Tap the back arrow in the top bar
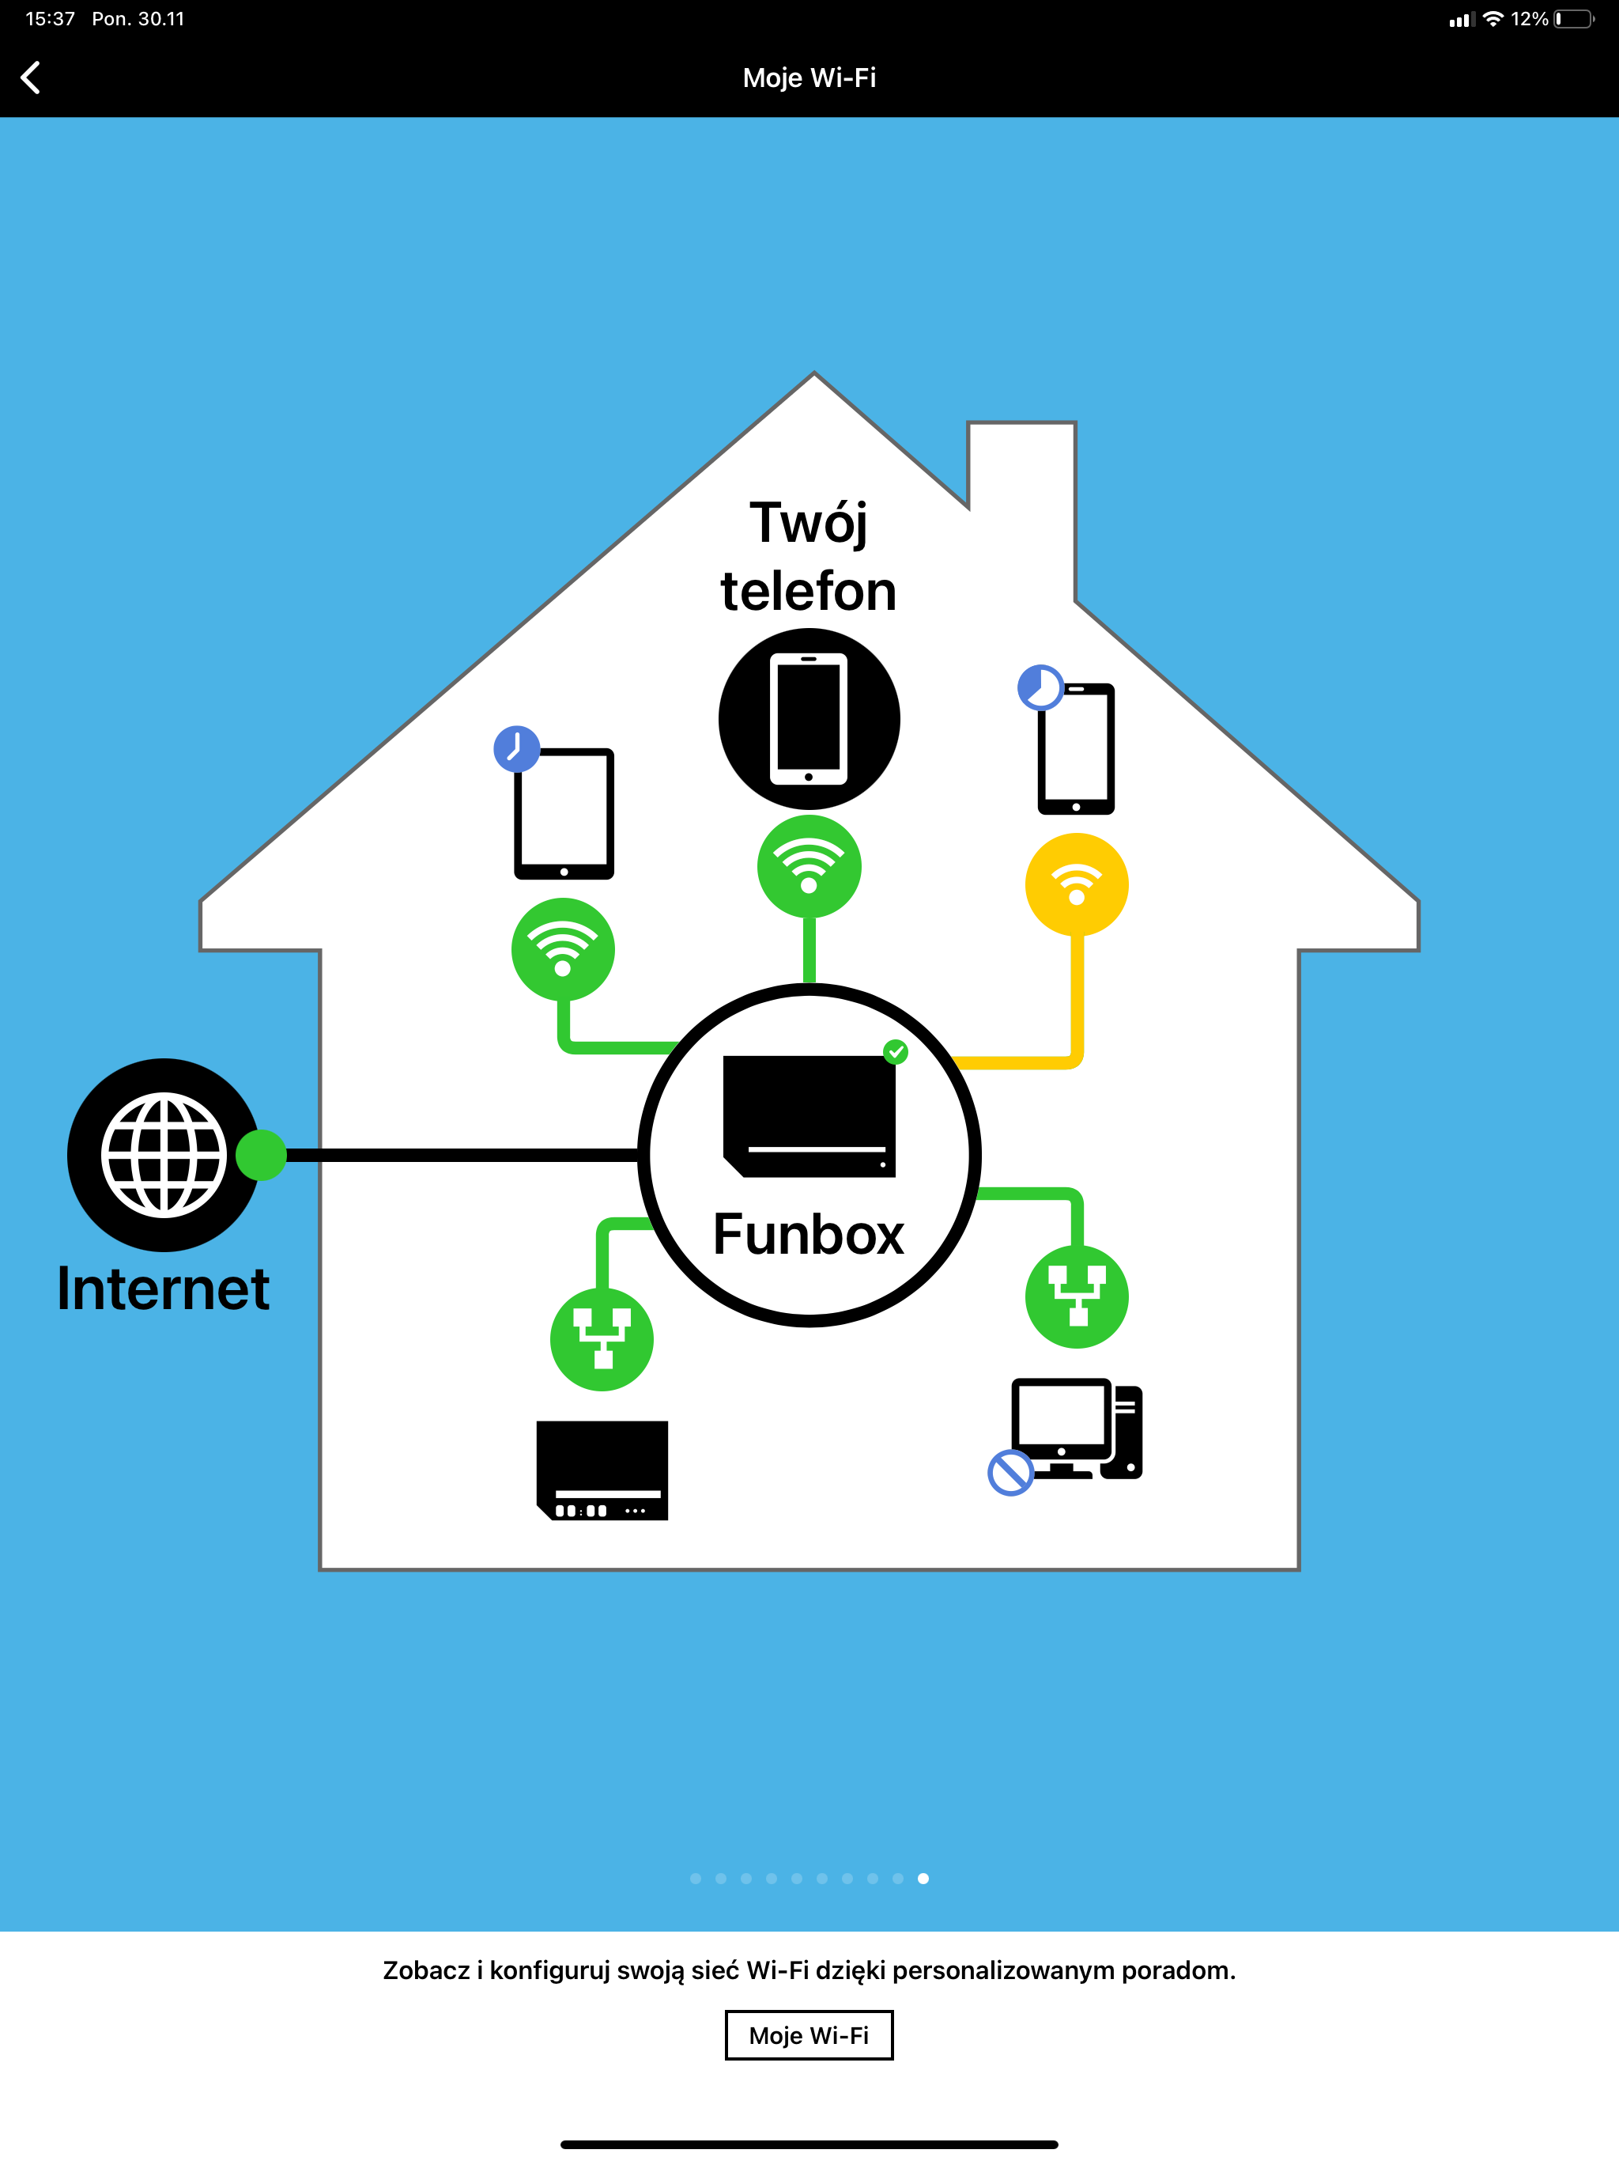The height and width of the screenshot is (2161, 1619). [x=30, y=78]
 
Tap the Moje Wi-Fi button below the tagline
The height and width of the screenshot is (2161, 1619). [x=809, y=2035]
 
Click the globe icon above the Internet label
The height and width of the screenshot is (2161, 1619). [x=164, y=1155]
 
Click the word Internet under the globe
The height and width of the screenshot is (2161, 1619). [x=163, y=1289]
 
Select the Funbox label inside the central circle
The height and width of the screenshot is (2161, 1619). [x=809, y=1234]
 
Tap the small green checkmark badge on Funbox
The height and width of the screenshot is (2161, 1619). [x=896, y=1051]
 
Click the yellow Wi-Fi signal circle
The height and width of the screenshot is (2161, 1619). [x=1077, y=884]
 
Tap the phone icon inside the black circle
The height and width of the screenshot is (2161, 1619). [x=809, y=719]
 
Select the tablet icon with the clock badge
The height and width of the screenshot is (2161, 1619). [x=564, y=814]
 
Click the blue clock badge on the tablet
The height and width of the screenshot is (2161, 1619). [x=516, y=749]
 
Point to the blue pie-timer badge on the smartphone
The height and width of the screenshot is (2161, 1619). [x=1040, y=687]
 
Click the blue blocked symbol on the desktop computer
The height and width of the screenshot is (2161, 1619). [x=1010, y=1472]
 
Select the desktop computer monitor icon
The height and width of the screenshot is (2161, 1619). [x=1077, y=1429]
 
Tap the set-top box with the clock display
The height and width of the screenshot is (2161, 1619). [x=602, y=1470]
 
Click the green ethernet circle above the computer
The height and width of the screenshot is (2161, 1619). [x=1077, y=1296]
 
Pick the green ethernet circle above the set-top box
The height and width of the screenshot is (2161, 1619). [x=602, y=1339]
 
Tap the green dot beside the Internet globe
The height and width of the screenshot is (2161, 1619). [x=262, y=1155]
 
